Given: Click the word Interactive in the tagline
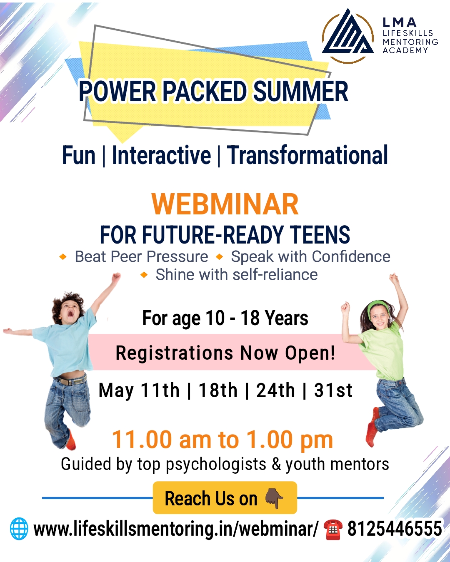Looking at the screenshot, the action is click(161, 155).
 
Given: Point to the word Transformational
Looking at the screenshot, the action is click(307, 155).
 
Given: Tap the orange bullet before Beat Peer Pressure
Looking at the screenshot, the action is click(63, 257).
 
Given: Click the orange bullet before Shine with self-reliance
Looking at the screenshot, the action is click(144, 275).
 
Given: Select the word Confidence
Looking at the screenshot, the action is click(351, 256).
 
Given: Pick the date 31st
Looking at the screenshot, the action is click(333, 390).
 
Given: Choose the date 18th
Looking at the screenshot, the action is click(218, 390).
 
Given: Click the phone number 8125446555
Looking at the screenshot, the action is click(394, 528).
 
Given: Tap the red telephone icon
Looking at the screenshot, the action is click(333, 529).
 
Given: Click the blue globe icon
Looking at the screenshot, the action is click(19, 529).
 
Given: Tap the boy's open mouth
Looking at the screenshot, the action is click(70, 313).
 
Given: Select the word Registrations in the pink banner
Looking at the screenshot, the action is click(175, 353).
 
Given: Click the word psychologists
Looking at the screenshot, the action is click(216, 464).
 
